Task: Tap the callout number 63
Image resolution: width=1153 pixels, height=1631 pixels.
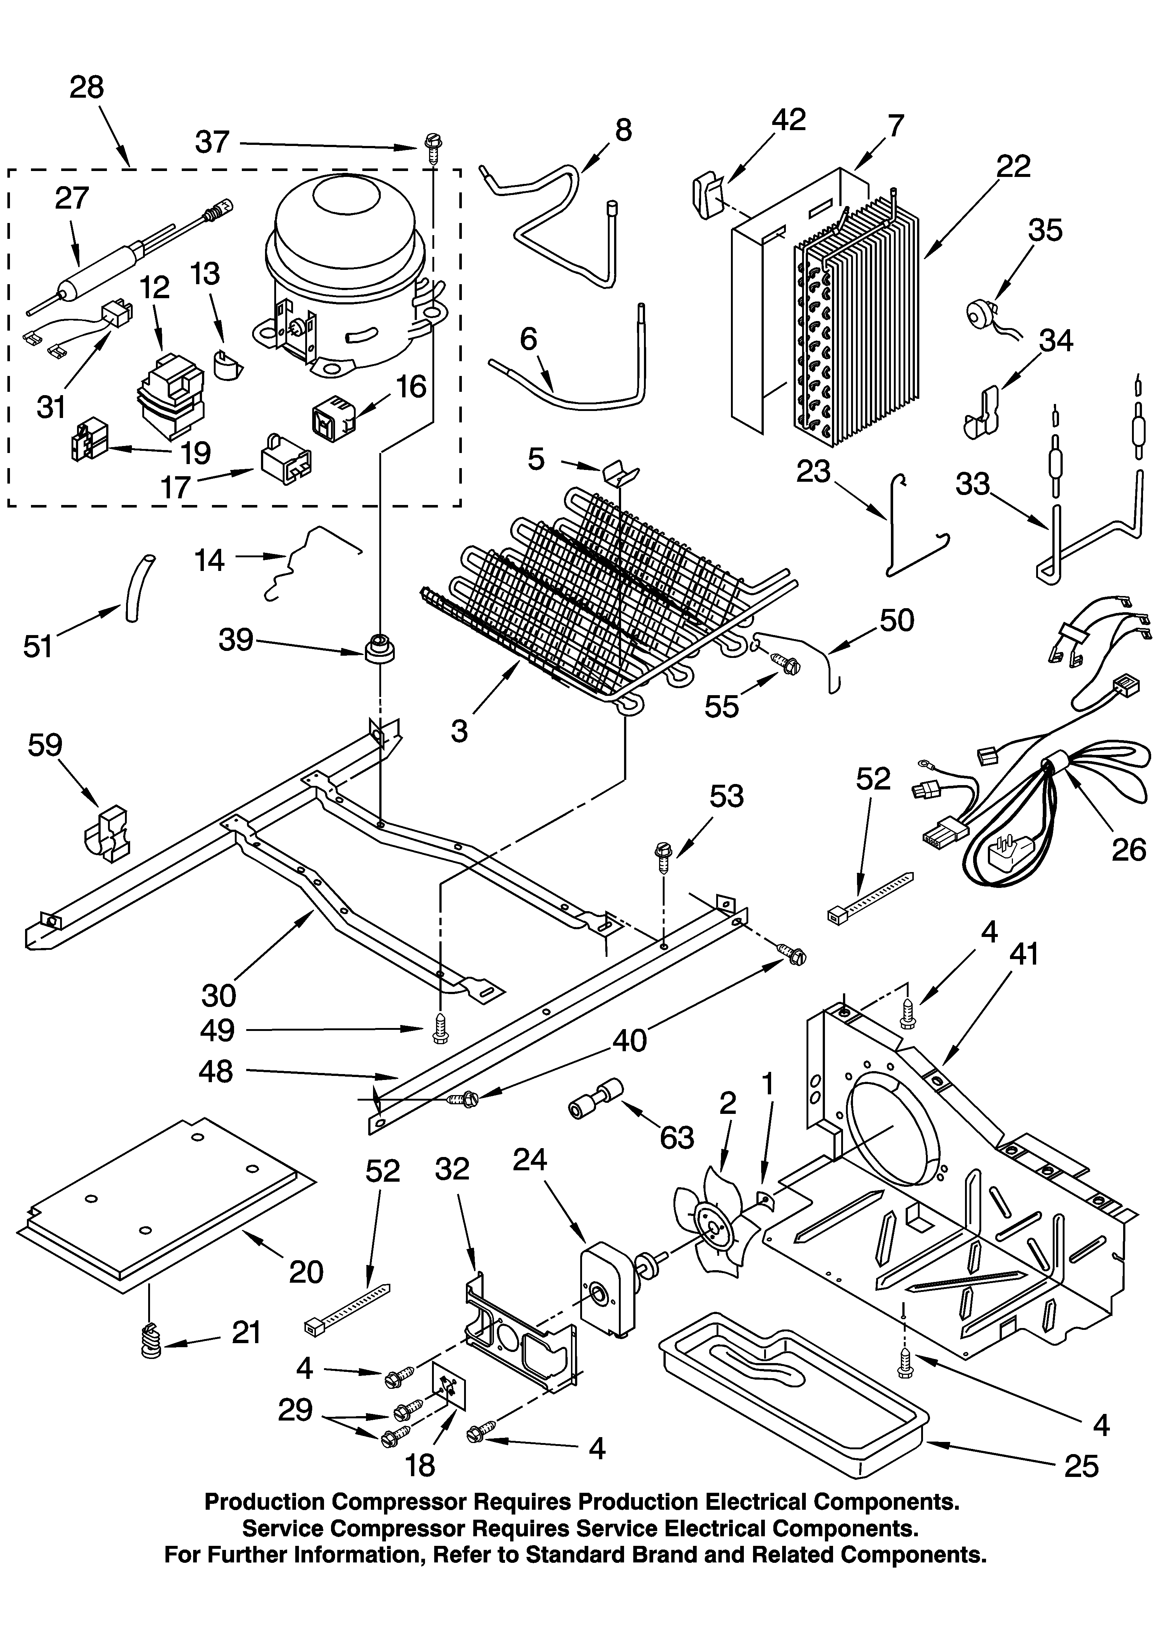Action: [x=676, y=1137]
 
